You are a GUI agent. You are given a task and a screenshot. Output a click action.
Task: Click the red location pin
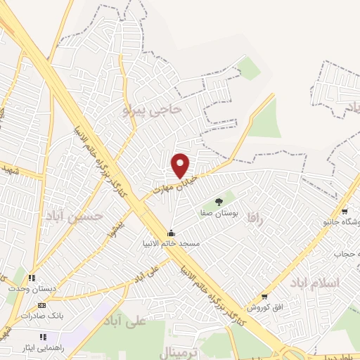point(181,165)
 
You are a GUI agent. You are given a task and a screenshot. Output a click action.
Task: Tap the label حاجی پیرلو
point(153,110)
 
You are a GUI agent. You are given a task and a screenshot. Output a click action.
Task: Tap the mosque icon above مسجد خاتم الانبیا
point(170,233)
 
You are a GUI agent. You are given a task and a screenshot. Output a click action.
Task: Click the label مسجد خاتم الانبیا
point(171,243)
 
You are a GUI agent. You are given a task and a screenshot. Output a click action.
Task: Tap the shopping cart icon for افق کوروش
point(264,297)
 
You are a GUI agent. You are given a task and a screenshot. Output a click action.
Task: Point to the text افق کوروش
point(262,307)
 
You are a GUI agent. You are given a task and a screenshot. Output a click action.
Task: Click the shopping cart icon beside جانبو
point(345,212)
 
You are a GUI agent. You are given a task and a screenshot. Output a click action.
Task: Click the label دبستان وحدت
point(27,288)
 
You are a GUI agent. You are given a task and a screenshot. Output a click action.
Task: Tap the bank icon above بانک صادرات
point(41,305)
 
